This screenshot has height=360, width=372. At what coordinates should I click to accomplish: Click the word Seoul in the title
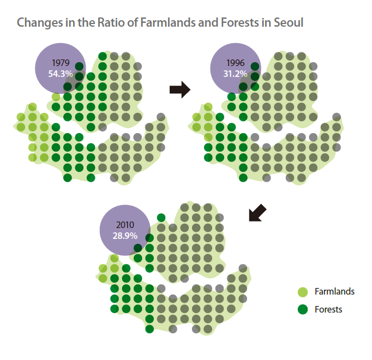click(x=288, y=22)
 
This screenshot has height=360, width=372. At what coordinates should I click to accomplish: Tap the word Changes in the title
click(x=38, y=23)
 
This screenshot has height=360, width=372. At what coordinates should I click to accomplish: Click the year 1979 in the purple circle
click(x=61, y=63)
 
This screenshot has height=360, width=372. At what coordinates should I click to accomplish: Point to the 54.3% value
click(x=60, y=74)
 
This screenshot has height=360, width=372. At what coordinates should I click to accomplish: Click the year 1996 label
click(x=235, y=63)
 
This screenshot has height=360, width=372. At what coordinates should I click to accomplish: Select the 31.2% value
click(x=235, y=74)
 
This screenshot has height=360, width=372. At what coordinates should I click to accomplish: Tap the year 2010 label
click(x=125, y=225)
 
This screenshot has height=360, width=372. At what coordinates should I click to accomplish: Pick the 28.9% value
click(x=125, y=236)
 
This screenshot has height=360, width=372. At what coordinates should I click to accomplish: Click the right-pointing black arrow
click(x=180, y=89)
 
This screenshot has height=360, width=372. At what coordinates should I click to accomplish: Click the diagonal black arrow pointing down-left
click(x=257, y=213)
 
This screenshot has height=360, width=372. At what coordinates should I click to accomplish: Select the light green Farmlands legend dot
click(x=303, y=292)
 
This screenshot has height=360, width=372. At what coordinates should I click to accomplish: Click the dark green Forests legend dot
click(x=303, y=309)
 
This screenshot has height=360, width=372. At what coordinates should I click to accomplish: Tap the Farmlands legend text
click(x=334, y=291)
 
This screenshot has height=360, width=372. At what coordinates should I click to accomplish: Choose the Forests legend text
click(x=328, y=309)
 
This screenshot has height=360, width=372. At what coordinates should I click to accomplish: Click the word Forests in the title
click(x=240, y=22)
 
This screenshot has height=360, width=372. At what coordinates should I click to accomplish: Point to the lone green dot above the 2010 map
click(x=161, y=218)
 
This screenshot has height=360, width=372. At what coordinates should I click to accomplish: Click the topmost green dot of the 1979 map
click(x=103, y=57)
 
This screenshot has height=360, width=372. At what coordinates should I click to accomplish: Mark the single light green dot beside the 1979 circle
click(x=56, y=97)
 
